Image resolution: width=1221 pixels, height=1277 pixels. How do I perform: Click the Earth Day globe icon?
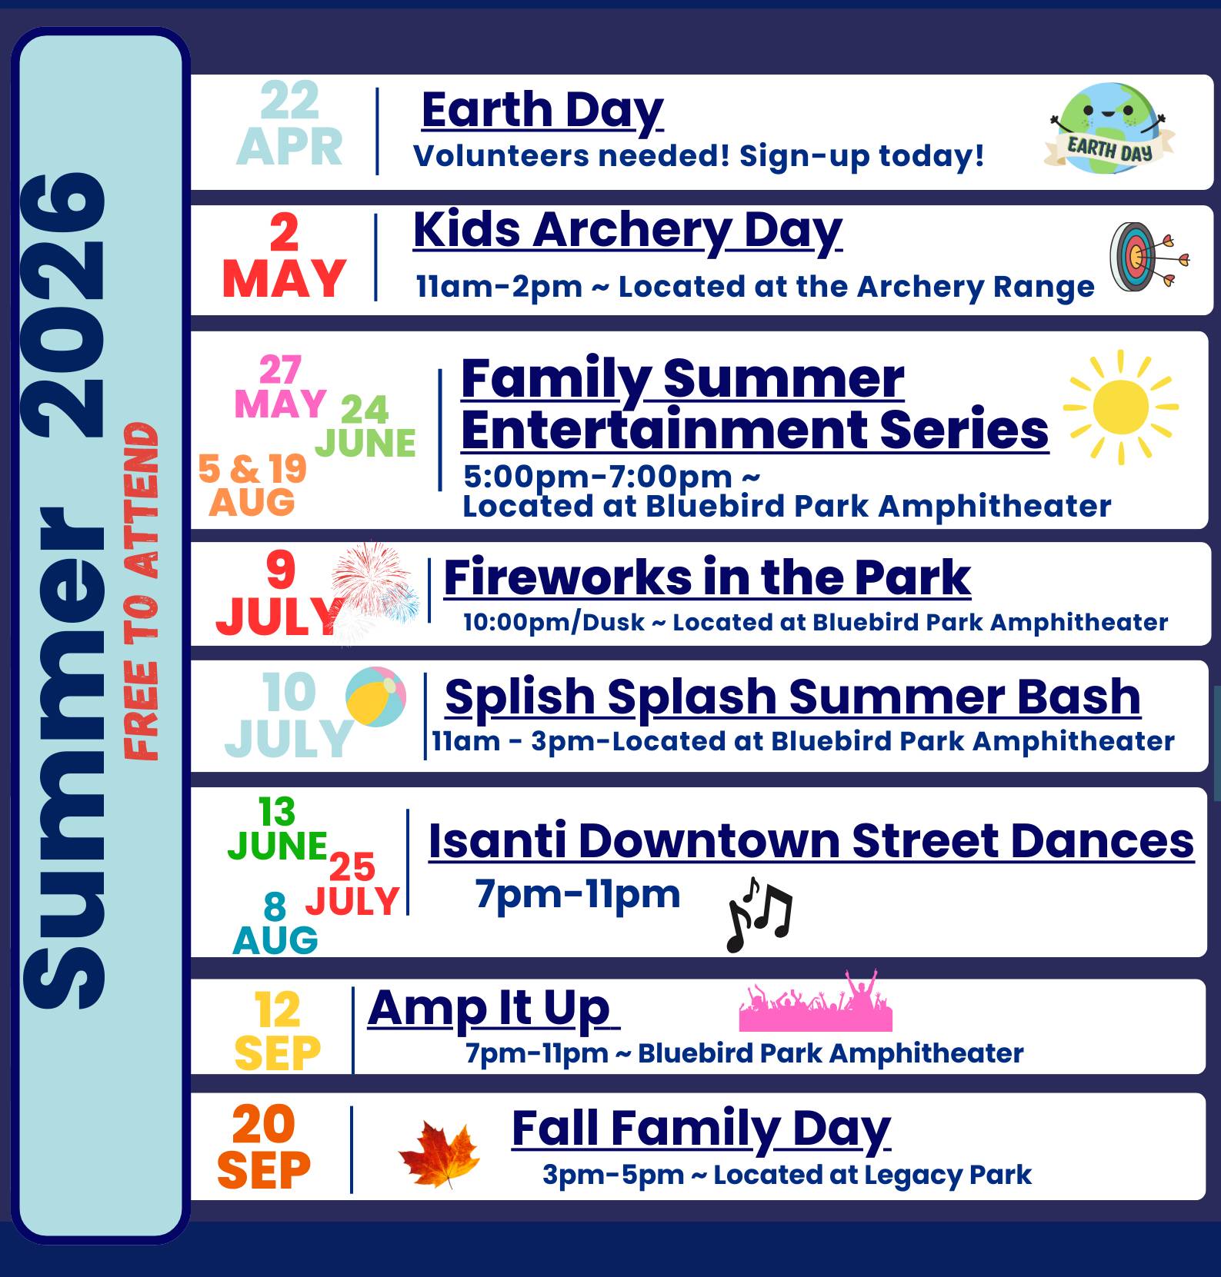click(x=1108, y=128)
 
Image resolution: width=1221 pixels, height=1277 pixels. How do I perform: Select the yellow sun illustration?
click(x=1120, y=407)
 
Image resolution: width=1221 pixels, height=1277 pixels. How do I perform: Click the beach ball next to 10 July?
click(x=376, y=697)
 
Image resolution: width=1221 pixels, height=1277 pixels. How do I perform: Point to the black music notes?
click(x=759, y=915)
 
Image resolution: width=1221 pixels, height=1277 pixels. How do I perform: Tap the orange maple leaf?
click(x=439, y=1154)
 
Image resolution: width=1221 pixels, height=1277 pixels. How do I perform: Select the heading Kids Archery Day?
click(x=627, y=230)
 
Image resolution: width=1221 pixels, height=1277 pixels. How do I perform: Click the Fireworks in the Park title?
click(x=706, y=577)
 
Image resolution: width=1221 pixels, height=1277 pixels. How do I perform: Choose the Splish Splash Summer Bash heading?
click(x=792, y=697)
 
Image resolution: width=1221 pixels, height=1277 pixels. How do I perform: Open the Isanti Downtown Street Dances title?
click(x=810, y=840)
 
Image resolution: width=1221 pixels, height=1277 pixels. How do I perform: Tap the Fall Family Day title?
click(x=700, y=1128)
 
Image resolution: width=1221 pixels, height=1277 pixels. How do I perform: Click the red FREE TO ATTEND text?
click(x=142, y=591)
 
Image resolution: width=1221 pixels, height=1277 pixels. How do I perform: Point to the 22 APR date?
click(x=289, y=125)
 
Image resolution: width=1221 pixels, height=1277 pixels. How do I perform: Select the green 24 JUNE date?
click(x=365, y=427)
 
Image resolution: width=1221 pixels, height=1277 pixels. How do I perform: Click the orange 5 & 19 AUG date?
click(x=252, y=485)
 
